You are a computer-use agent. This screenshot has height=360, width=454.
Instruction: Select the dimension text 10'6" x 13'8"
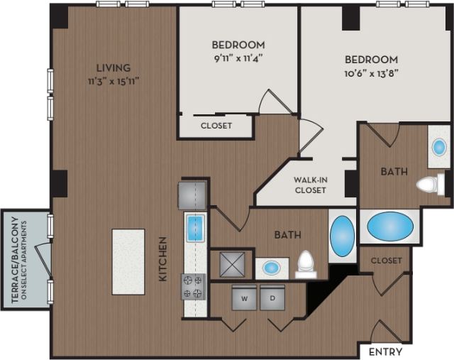pos(371,74)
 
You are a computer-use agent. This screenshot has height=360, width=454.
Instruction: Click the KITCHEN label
pos(162,258)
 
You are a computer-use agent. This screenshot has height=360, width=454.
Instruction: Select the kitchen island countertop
pos(128,261)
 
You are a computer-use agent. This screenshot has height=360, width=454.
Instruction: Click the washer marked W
pos(245,298)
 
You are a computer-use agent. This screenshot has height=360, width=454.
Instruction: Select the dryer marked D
pos(272,298)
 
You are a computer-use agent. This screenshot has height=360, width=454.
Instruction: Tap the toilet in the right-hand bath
pos(428,185)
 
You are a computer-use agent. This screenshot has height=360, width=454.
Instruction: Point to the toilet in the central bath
pos(306,263)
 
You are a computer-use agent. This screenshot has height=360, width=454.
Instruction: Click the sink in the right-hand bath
pos(439,148)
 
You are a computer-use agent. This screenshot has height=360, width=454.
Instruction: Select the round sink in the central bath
pos(271,268)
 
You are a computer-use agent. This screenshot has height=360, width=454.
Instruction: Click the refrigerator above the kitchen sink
pos(192,194)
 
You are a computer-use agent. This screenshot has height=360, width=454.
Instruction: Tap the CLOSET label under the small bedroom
pos(216,126)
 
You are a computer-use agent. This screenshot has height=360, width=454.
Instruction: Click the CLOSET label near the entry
pos(386,261)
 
